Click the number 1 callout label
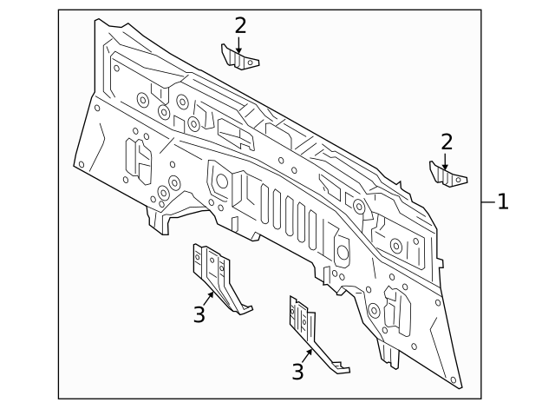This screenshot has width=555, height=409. coord(502,202)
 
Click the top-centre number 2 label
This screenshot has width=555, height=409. coord(240,26)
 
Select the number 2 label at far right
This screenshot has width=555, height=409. coord(446,142)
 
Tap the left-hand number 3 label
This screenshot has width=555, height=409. coord(199,313)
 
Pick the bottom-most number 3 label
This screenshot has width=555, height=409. coord(297,373)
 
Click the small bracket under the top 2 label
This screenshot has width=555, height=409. coord(244,60)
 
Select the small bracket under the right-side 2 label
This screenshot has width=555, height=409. coord(447,175)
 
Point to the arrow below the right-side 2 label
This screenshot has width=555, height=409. coord(445,161)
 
